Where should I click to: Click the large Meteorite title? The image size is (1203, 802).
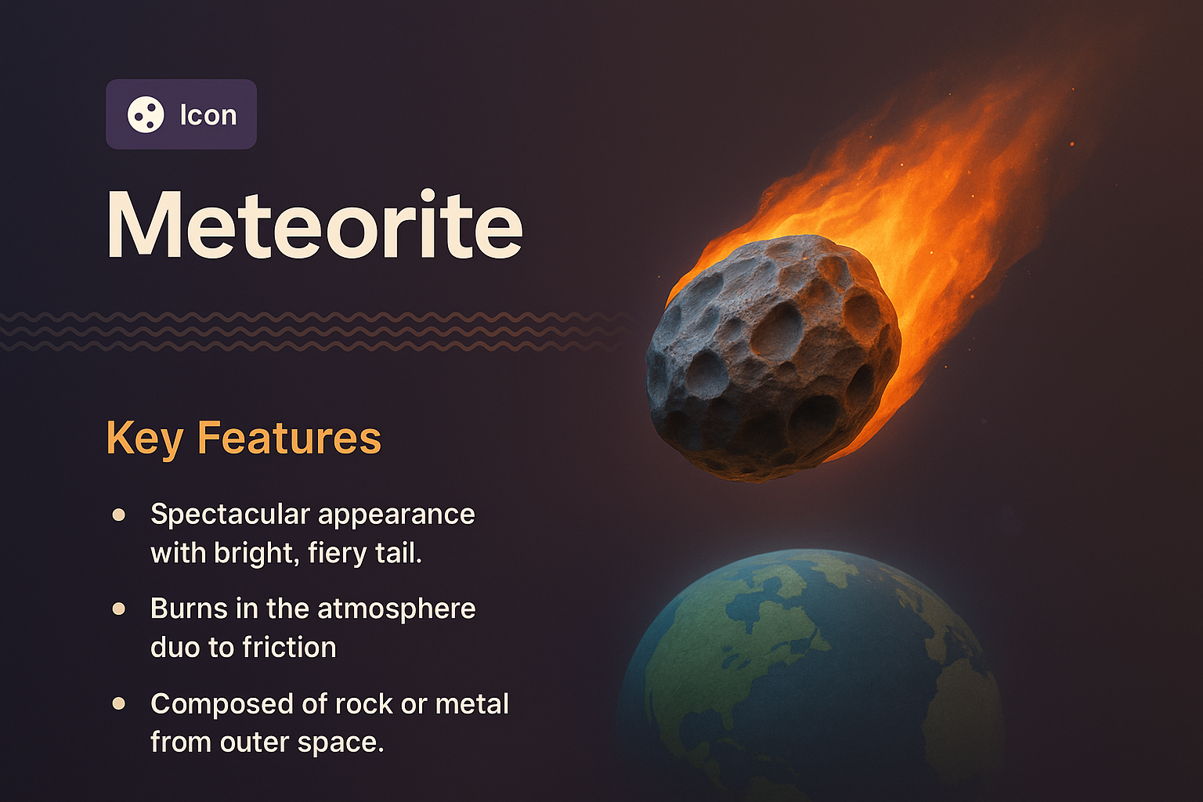pos(315,225)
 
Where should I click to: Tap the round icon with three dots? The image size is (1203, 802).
pos(146,115)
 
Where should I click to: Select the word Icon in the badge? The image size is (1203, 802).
pos(208,115)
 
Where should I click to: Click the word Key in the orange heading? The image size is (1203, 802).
pos(144,438)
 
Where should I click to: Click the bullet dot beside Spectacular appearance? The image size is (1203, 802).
pos(119,515)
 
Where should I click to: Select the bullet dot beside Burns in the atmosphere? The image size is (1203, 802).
pos(119,609)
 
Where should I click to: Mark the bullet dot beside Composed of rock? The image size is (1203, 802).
pos(119,703)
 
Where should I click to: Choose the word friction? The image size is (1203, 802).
pos(289,648)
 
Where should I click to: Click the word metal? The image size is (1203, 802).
pos(472,703)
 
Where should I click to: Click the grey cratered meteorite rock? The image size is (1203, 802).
pos(771,356)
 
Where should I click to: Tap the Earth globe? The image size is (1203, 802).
pos(811,674)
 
